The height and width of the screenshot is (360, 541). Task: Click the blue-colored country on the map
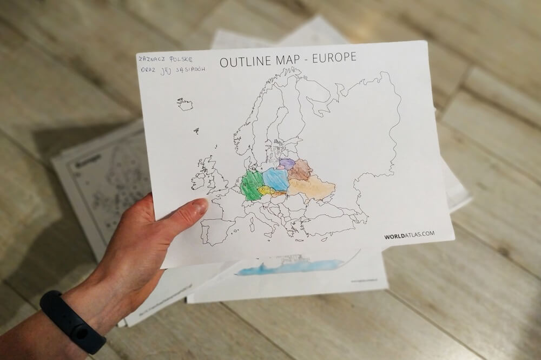coord(275,179)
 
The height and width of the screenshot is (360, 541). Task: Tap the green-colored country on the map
coord(252,186)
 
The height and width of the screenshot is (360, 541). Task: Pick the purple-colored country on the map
coord(287,163)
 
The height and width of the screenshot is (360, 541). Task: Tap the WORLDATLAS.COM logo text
coord(409,235)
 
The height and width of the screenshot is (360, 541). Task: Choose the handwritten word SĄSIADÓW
coord(187,75)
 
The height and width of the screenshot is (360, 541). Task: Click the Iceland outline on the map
coord(185,104)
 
